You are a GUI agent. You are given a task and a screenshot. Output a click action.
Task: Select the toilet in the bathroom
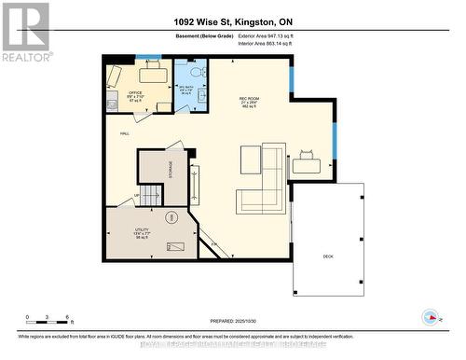195,72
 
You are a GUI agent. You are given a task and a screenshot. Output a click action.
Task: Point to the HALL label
124,134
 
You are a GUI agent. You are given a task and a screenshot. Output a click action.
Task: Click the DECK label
328,256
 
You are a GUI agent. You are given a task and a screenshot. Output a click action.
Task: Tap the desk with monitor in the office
152,74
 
